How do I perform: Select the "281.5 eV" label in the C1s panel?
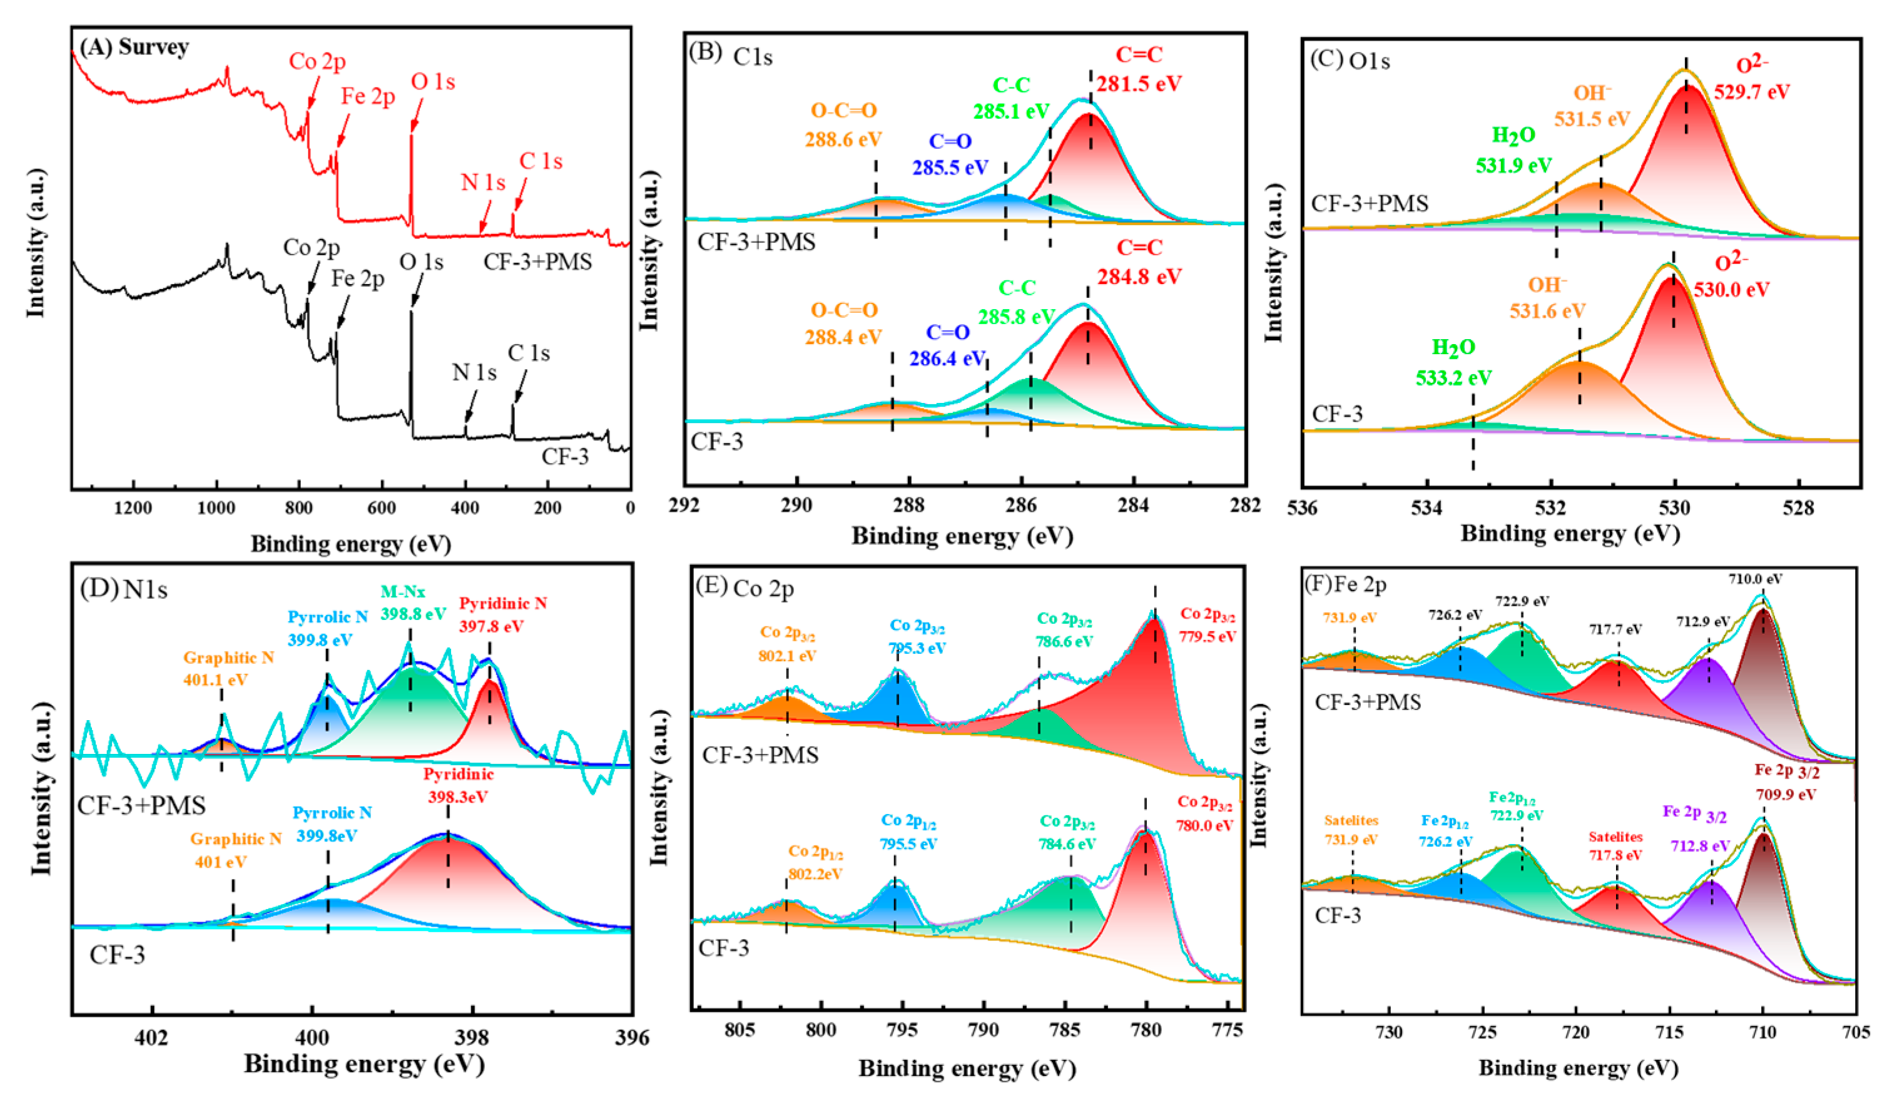click(x=1139, y=83)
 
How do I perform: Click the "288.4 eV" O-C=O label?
click(x=843, y=337)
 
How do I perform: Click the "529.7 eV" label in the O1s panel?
click(x=1752, y=91)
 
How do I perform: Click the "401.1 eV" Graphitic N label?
click(x=215, y=679)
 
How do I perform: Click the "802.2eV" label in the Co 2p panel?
click(x=815, y=874)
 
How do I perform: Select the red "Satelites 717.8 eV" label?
click(x=1615, y=845)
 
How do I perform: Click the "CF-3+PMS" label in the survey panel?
click(x=537, y=262)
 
